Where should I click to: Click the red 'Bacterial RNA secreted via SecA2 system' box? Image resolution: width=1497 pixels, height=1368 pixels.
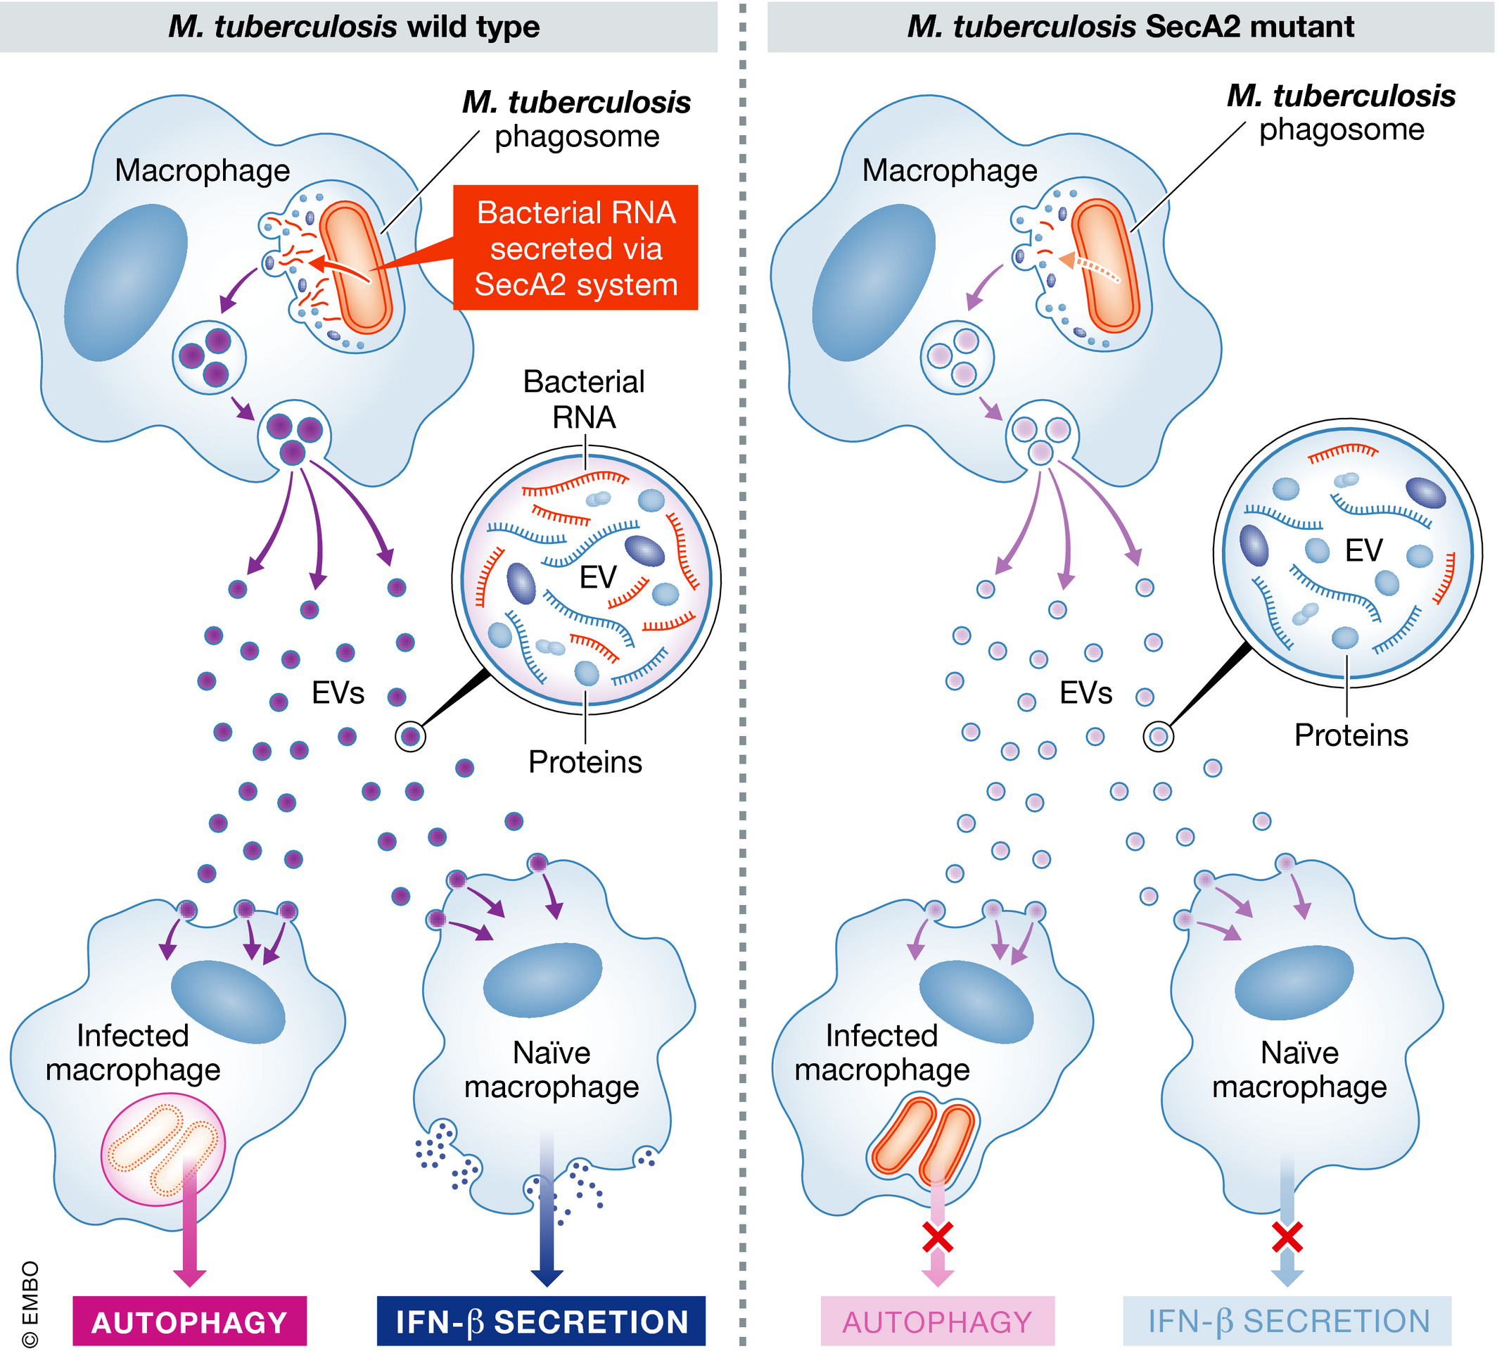[575, 248]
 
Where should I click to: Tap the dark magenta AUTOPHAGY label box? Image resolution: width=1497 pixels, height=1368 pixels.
[189, 1323]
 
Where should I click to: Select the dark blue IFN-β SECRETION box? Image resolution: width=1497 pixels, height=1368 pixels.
[542, 1323]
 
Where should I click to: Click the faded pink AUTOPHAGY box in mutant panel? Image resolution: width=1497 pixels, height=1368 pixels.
[937, 1323]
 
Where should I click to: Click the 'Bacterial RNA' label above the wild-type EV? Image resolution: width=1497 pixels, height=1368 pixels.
[584, 400]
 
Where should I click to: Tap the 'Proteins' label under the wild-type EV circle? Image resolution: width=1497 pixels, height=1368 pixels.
[585, 763]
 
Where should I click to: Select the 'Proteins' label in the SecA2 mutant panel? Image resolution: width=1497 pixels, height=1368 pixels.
[1351, 736]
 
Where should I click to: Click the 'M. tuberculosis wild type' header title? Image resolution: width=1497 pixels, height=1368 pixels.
[355, 27]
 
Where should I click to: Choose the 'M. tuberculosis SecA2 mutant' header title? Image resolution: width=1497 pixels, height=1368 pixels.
[1130, 27]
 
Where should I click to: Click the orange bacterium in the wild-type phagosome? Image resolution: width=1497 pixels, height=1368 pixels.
[355, 267]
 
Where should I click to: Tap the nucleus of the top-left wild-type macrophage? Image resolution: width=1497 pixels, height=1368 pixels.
[125, 282]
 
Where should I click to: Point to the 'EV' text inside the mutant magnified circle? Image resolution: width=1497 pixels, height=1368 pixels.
[1363, 551]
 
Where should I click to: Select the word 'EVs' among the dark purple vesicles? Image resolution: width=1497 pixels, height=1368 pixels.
[338, 694]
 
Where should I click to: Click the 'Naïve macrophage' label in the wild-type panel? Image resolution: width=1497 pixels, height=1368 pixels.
[551, 1070]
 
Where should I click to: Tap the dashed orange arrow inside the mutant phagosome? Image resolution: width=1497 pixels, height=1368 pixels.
[1090, 267]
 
